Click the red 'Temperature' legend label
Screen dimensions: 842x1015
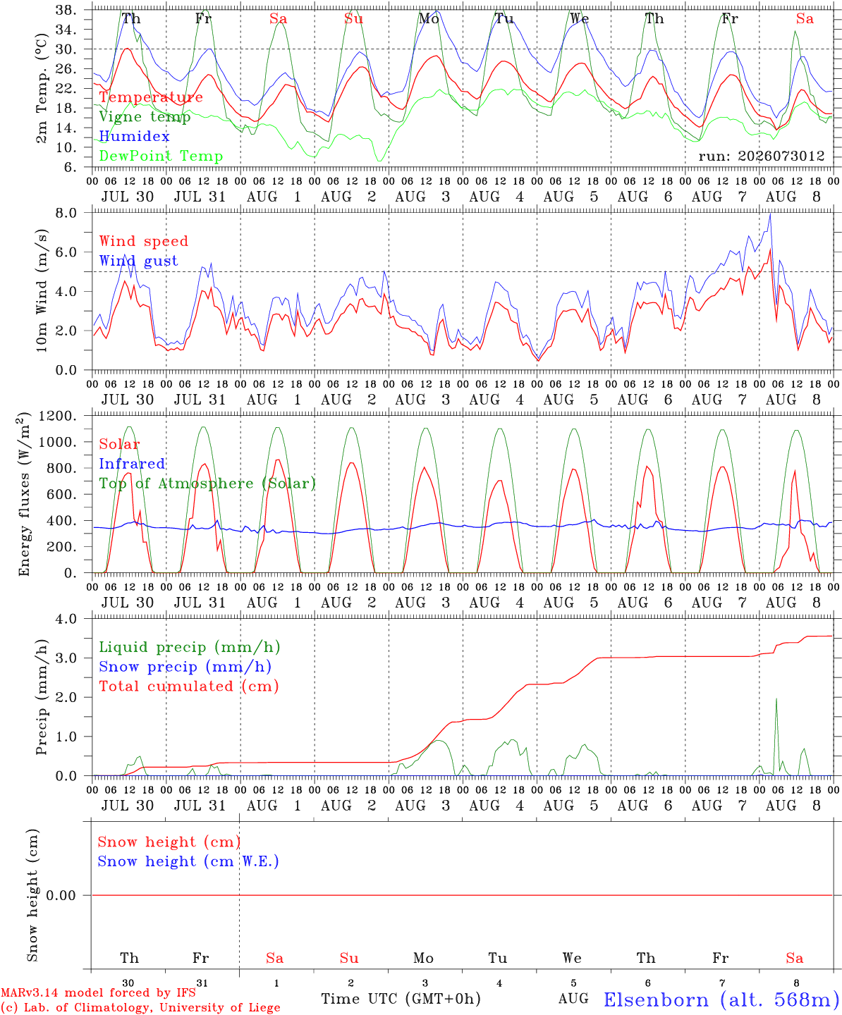151,97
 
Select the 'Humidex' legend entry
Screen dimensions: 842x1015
134,136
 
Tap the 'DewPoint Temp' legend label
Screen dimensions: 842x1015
161,156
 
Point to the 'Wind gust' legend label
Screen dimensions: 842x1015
139,261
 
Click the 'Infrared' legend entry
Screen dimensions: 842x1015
132,464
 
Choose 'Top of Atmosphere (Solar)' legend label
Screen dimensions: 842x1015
208,484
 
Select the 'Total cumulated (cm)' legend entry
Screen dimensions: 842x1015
189,687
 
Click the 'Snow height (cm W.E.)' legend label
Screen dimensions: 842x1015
188,861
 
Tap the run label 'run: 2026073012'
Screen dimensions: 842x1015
762,156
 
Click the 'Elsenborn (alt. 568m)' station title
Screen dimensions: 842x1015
722,1000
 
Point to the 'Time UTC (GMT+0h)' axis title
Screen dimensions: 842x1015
401,999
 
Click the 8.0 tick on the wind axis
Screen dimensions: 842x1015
66,213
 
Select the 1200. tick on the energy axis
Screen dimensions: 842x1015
58,416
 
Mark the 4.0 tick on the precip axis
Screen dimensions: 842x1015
66,619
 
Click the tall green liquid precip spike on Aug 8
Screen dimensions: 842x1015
776,699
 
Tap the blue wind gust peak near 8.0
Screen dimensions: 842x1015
770,214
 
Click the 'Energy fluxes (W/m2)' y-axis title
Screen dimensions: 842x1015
24,494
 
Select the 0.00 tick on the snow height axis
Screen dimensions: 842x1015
61,895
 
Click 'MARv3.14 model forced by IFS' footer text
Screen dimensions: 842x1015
98,992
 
